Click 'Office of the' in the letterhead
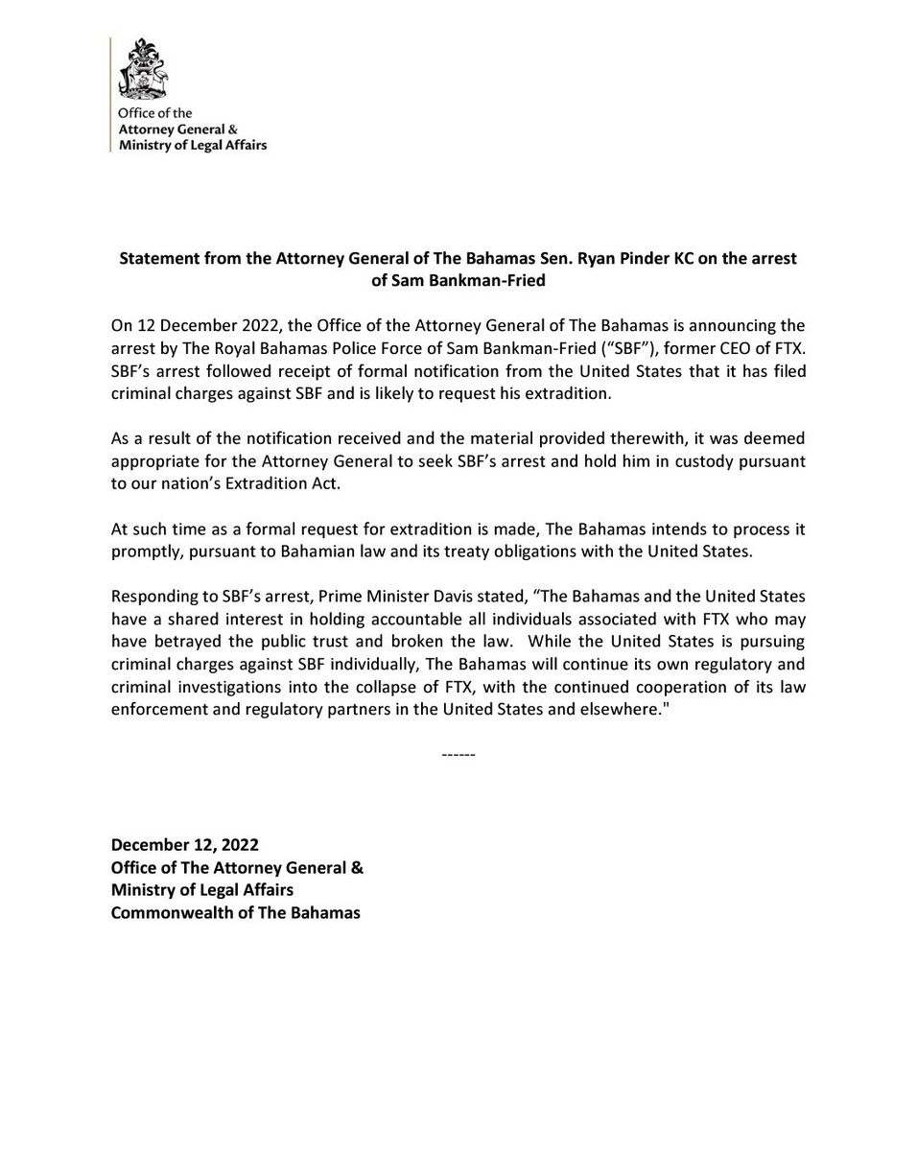pyautogui.click(x=155, y=113)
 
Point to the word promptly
pyautogui.click(x=143, y=551)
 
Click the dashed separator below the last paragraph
pyautogui.click(x=458, y=755)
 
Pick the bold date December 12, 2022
pyautogui.click(x=185, y=845)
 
